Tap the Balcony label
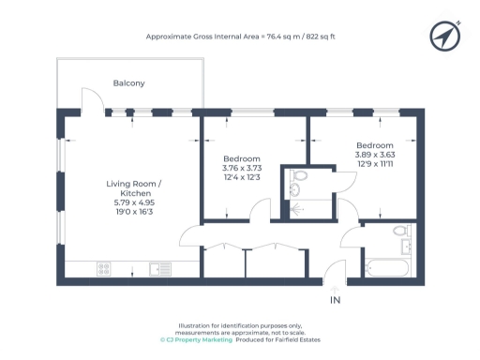(x=128, y=83)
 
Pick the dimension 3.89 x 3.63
(x=374, y=156)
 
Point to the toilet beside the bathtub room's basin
(x=400, y=231)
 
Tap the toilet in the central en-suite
(x=299, y=175)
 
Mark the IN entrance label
(x=336, y=300)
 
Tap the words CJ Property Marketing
(x=198, y=338)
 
